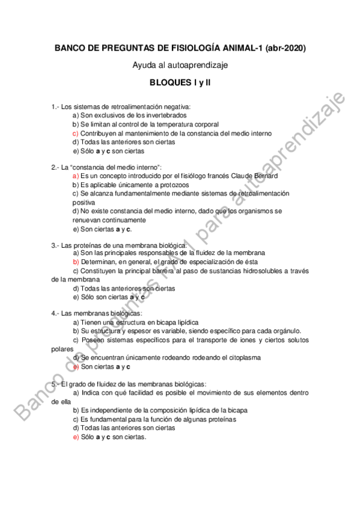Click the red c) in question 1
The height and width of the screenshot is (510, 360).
(75, 133)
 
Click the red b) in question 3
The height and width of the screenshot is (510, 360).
(75, 262)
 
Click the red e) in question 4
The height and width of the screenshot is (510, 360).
(75, 366)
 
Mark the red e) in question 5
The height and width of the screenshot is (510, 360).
(75, 437)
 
